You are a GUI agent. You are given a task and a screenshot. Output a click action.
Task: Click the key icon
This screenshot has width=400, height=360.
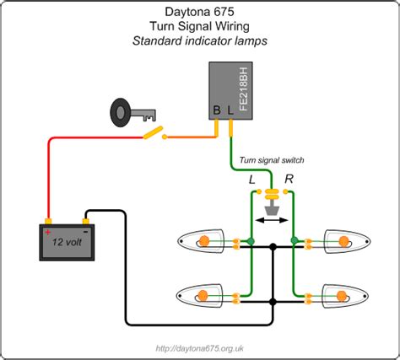pos(126,113)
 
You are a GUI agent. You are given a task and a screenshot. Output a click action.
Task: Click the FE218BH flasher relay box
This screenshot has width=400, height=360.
pos(230,89)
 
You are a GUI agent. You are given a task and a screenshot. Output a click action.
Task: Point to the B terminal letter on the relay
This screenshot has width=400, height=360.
pos(217,110)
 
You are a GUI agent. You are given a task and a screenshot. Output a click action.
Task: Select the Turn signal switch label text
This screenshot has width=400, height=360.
pos(272,160)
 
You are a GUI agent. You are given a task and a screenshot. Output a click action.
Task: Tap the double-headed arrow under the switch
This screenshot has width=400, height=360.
pos(272,220)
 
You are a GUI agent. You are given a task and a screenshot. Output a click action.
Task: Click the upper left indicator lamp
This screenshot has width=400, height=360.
pos(200,242)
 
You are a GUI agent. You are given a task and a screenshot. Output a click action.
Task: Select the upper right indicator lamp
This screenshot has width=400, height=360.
pos(344,242)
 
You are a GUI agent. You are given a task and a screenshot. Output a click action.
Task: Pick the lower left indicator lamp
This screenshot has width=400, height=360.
pos(200,296)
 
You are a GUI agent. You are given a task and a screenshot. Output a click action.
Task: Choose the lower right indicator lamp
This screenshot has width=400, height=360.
pos(344,296)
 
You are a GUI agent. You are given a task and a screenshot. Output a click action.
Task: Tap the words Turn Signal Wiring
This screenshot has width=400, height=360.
pos(199,28)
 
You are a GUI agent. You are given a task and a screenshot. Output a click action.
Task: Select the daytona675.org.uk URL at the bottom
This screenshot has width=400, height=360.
pos(201,347)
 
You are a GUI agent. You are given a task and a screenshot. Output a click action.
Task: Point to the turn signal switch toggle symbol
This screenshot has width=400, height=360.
pos(272,196)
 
